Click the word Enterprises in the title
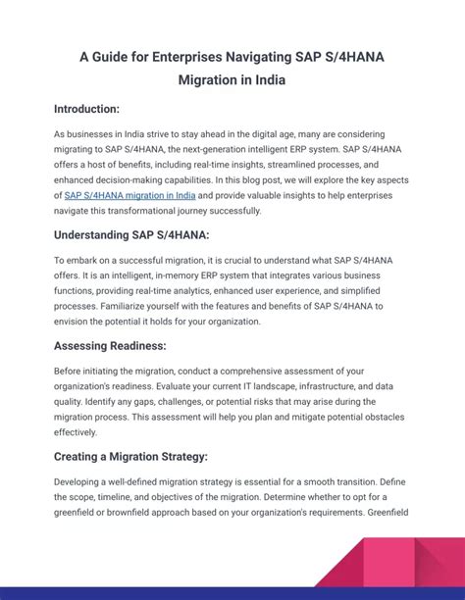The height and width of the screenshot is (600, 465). [x=188, y=57]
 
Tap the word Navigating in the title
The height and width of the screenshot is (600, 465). [x=274, y=57]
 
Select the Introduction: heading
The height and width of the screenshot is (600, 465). [x=87, y=108]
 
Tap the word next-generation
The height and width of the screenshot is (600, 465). [x=186, y=149]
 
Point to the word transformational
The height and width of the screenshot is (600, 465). [x=151, y=211]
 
